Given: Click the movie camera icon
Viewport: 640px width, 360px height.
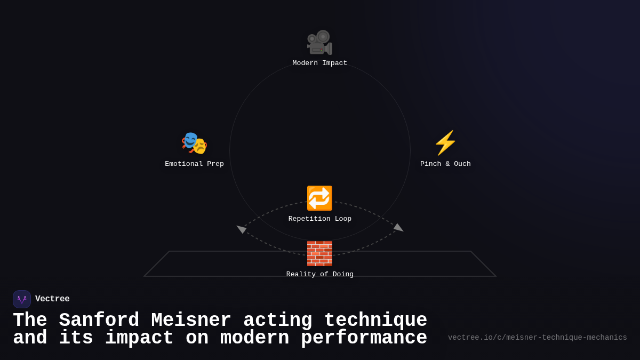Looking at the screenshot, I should (319, 43).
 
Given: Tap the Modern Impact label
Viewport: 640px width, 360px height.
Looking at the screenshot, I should (319, 63).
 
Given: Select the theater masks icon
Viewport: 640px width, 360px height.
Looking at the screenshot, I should (194, 143).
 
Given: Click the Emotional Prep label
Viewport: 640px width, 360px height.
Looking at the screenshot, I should (194, 164).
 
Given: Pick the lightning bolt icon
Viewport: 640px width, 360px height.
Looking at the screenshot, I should (445, 143).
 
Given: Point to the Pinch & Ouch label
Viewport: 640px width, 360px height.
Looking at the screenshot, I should (445, 164).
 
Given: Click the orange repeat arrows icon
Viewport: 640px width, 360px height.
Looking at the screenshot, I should (319, 198).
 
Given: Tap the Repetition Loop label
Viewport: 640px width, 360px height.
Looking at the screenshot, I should (319, 219).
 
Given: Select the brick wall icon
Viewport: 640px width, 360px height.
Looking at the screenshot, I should (319, 253).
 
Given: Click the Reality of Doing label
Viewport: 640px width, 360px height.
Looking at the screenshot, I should (319, 275).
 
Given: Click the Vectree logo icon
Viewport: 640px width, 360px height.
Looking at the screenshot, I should (22, 299).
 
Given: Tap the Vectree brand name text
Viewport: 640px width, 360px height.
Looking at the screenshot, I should (52, 299).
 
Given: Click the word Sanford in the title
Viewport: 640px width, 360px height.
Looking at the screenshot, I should (99, 321).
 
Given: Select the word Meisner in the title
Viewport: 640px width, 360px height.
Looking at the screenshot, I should (191, 321).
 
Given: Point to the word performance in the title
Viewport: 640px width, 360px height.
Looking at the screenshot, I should (364, 338).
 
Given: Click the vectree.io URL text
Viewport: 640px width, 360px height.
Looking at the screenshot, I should (537, 338).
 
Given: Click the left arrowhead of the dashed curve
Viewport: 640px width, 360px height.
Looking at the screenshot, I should (241, 229).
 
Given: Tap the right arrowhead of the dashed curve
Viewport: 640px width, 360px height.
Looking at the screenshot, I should (398, 228).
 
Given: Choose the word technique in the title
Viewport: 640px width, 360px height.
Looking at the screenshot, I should (375, 321).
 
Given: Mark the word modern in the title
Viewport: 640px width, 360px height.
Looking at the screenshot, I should (254, 338).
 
